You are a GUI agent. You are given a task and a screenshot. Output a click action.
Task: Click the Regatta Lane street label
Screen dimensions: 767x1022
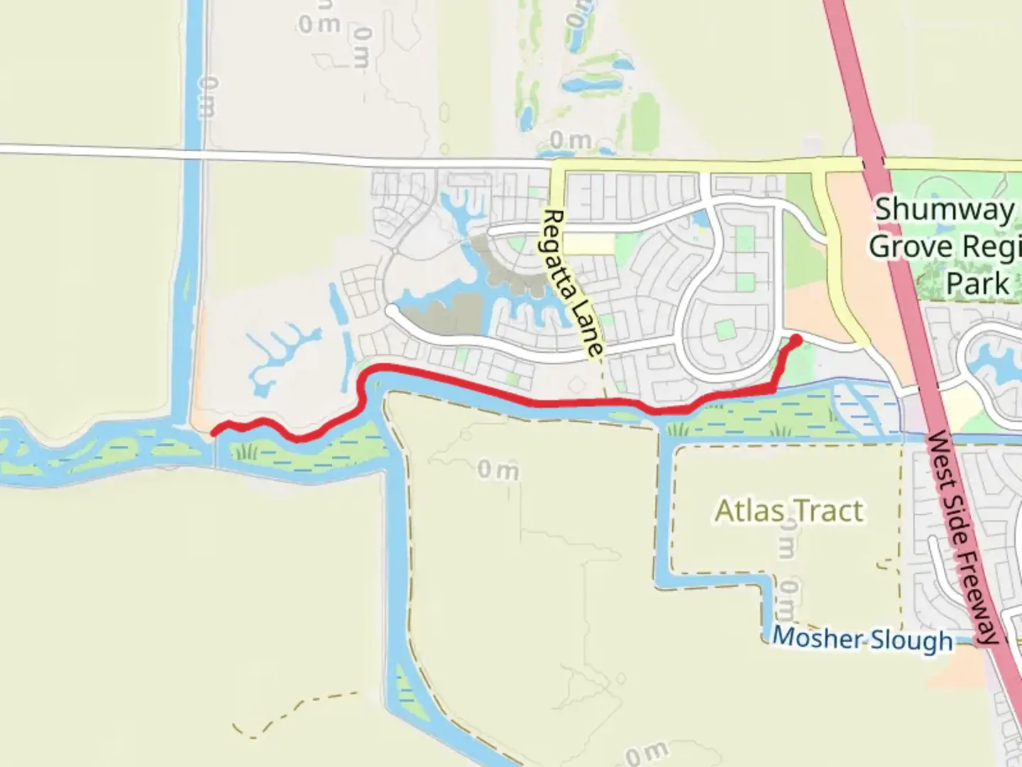click(x=573, y=282)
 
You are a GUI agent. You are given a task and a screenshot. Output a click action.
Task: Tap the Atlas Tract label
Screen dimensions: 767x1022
click(x=789, y=511)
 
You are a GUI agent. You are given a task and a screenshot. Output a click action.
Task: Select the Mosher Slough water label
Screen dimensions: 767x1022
click(x=862, y=638)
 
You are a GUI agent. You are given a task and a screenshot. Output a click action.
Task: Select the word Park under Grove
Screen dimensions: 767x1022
click(x=977, y=283)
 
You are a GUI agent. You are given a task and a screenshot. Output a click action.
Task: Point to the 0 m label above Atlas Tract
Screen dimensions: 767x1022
click(x=498, y=469)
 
